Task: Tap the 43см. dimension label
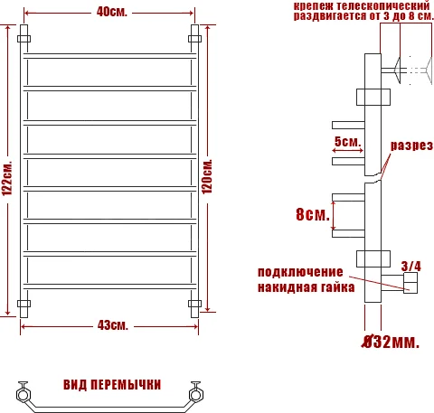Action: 111,324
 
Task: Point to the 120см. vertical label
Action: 208,177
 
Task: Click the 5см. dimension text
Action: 346,141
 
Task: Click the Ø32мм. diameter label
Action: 390,343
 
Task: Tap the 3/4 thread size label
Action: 411,266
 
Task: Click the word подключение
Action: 301,272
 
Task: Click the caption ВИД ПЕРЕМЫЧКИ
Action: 112,384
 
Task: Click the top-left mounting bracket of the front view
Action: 24,38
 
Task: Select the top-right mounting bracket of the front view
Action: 194,38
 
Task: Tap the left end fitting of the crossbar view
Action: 24,394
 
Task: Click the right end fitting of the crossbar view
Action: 196,394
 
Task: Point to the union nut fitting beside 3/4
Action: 411,286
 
